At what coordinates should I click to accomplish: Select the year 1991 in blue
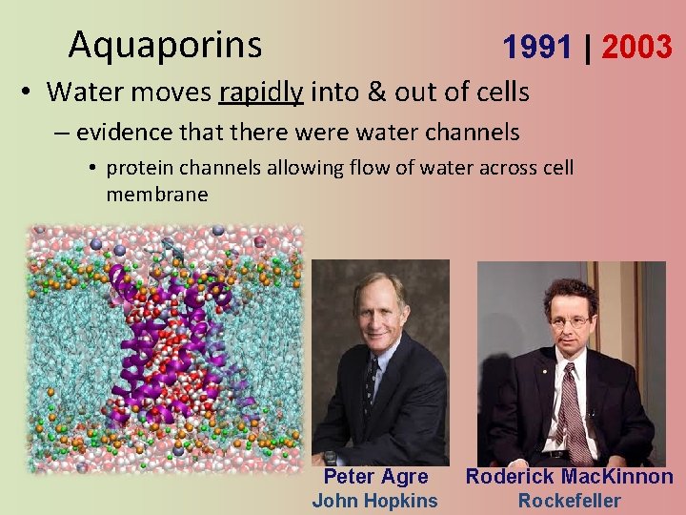tap(537, 47)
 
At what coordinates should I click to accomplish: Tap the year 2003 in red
tap(636, 47)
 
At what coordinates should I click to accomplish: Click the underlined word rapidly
tap(260, 92)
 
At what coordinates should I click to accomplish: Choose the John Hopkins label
tap(375, 501)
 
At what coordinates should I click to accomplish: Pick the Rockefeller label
tap(569, 501)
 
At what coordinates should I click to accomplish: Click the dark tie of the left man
tap(371, 381)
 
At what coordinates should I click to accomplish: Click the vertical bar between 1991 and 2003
tap(588, 47)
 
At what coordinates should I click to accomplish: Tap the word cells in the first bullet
tap(501, 92)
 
